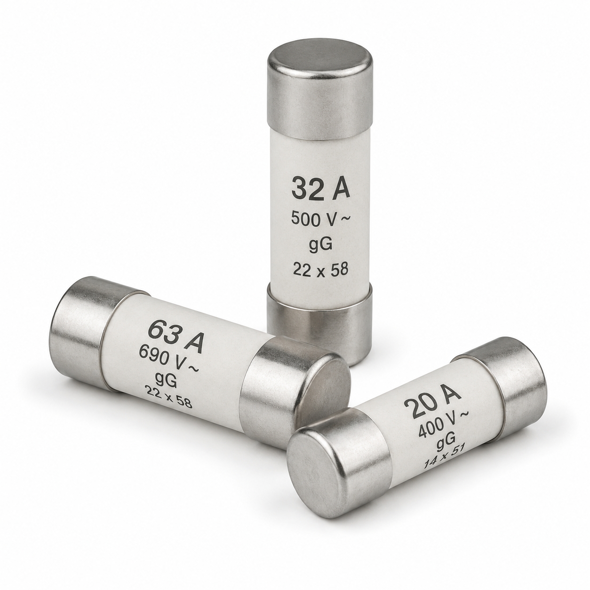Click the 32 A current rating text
pos(320,189)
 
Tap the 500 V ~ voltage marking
pos(320,219)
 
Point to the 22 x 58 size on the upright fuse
pos(320,270)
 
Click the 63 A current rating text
pos(176,338)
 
